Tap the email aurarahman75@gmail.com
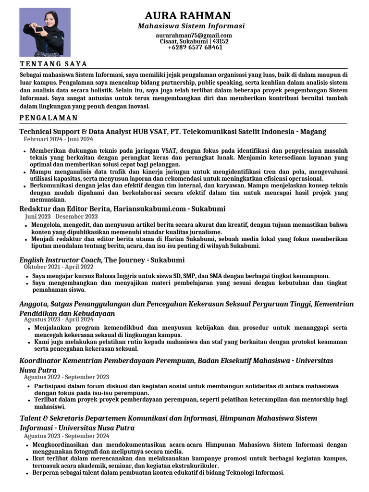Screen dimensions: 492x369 click(194, 36)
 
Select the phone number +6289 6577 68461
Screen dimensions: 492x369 click(195, 48)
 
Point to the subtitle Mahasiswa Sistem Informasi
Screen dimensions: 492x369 click(191, 26)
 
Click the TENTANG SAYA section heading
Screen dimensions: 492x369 click(53, 64)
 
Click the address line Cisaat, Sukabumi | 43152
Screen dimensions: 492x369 click(194, 42)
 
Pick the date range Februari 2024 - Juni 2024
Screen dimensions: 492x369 click(58, 139)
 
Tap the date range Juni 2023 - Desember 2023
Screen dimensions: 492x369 click(61, 217)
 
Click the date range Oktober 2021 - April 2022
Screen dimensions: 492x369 click(59, 267)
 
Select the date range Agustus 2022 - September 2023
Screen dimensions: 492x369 click(66, 377)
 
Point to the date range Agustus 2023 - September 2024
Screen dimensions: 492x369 click(66, 436)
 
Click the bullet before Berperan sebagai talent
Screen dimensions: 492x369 click(27, 473)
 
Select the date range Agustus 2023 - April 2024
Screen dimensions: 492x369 click(59, 320)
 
